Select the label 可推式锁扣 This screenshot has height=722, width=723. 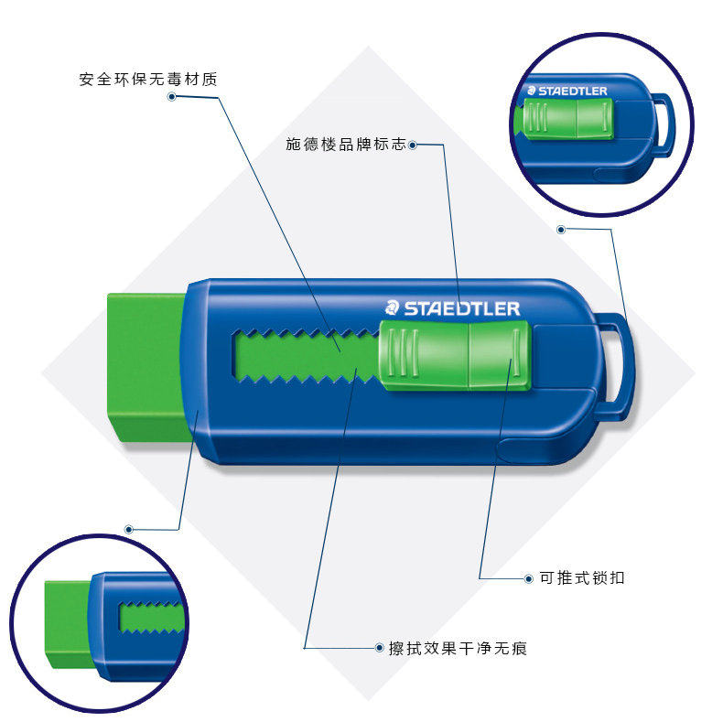point(581,578)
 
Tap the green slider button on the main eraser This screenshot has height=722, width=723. point(455,356)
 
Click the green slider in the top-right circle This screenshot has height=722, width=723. point(564,120)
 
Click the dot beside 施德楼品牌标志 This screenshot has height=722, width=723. point(413,145)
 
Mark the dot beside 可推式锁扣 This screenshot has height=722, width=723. point(529,578)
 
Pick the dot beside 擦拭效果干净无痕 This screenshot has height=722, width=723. point(380,648)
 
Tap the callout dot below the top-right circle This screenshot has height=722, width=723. point(561,229)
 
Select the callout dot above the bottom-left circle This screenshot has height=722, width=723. point(129,529)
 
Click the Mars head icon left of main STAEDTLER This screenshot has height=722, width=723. point(392,308)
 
